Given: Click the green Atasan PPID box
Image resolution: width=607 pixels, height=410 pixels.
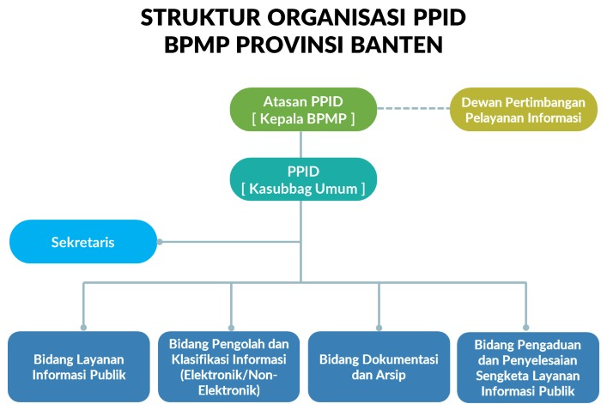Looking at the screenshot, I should [x=303, y=109].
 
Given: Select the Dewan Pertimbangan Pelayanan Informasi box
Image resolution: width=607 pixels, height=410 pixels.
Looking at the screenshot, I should [x=524, y=109].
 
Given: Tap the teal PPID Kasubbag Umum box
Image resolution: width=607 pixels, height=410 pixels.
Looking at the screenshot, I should [x=303, y=179].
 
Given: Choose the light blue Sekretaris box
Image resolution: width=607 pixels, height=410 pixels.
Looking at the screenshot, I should [x=83, y=242].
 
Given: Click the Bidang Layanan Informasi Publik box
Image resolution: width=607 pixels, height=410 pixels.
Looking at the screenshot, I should [x=79, y=366].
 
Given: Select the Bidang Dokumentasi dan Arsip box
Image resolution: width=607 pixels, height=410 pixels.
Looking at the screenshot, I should [x=379, y=366].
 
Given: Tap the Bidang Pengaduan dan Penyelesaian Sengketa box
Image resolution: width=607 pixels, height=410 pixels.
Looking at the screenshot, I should [x=527, y=367].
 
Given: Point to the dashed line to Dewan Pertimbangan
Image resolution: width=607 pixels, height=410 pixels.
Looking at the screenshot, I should [x=414, y=109].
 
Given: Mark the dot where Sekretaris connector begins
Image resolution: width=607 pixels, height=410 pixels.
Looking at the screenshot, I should [x=160, y=241].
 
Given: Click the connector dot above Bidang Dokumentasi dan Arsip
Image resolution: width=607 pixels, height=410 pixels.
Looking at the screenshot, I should [x=379, y=326].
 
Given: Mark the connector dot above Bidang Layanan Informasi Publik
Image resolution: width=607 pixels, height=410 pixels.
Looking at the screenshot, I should [x=83, y=326].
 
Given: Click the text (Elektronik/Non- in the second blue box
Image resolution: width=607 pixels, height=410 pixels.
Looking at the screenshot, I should [x=229, y=375].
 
